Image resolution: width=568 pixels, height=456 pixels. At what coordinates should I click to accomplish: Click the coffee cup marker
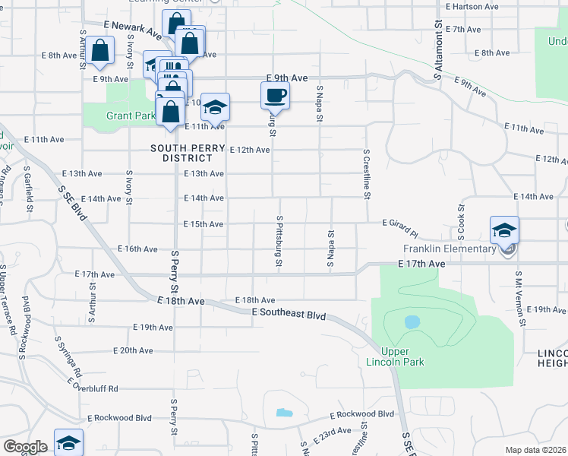click(x=275, y=97)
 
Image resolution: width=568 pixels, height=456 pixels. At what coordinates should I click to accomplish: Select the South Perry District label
click(x=181, y=153)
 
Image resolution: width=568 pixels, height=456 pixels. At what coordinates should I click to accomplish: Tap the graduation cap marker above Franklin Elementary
click(x=504, y=230)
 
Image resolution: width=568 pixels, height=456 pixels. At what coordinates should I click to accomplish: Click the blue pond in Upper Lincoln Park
click(x=412, y=322)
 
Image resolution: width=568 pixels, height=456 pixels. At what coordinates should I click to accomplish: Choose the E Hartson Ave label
click(x=472, y=6)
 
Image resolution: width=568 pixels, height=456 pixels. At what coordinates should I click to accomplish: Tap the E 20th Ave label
click(x=133, y=350)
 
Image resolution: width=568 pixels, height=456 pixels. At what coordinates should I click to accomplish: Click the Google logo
click(x=24, y=447)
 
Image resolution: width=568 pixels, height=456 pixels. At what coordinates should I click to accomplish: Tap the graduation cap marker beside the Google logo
click(x=68, y=443)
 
